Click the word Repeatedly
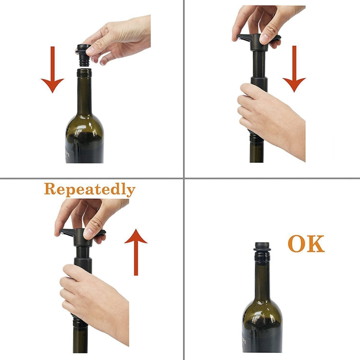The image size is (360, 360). pyautogui.click(x=89, y=190)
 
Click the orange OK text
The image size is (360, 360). pyautogui.click(x=306, y=244)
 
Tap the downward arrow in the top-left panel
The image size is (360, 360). pyautogui.click(x=52, y=69)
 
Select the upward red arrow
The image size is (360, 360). pyautogui.click(x=136, y=252)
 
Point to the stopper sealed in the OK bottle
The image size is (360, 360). pyautogui.click(x=262, y=251)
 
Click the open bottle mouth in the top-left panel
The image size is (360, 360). pyautogui.click(x=84, y=71)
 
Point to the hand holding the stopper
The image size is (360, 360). pyautogui.click(x=120, y=38)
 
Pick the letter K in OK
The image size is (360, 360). pyautogui.click(x=316, y=244)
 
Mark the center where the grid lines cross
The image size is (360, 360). pyautogui.click(x=184, y=178)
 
